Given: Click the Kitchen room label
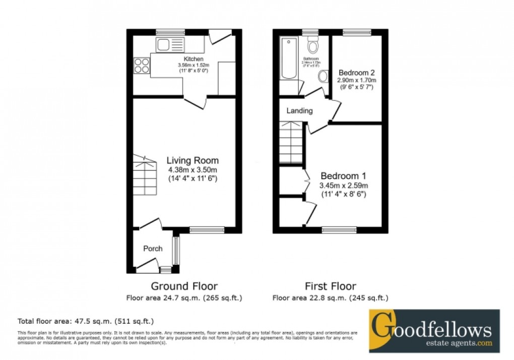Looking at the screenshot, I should click(x=194, y=59).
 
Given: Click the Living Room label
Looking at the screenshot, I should click(x=192, y=161).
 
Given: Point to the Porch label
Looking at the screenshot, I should click(x=153, y=249).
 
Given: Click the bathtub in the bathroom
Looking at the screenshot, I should click(x=289, y=59).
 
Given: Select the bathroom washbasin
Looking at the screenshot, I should click(x=323, y=77).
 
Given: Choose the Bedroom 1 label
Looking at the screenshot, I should click(x=343, y=176).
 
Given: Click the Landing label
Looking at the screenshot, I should click(x=300, y=110).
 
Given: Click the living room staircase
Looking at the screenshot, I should click(x=145, y=176).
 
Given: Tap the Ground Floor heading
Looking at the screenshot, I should click(x=184, y=287).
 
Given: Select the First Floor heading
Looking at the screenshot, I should click(x=331, y=287).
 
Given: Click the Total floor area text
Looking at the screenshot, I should click(x=86, y=321).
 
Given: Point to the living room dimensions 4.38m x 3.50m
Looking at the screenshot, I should click(x=192, y=170).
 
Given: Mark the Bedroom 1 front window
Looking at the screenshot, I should click(x=339, y=230).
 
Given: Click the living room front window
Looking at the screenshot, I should click(x=207, y=230).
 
